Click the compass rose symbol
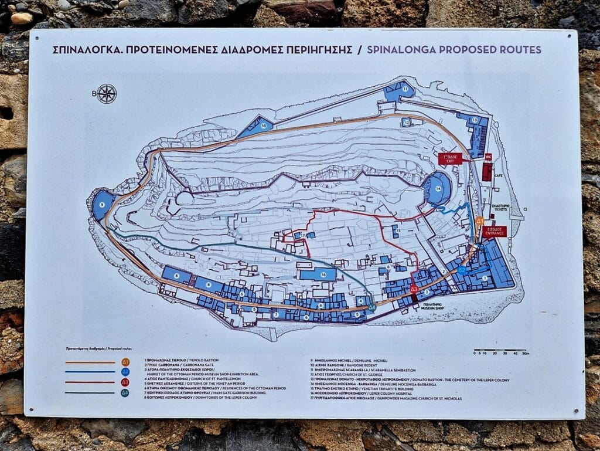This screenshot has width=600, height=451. (107, 94)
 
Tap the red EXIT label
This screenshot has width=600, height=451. (450, 158)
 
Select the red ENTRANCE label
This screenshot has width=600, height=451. (495, 231)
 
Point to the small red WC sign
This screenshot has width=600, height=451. (487, 157)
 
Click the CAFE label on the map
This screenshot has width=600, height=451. (499, 175)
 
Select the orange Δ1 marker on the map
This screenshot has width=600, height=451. (479, 221)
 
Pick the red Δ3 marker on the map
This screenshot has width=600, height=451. (414, 289)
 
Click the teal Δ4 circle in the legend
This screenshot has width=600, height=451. (125, 393)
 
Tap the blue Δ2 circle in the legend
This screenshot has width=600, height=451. (125, 372)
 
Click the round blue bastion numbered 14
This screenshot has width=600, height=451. (439, 188)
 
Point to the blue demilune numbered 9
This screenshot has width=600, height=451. (103, 204)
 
